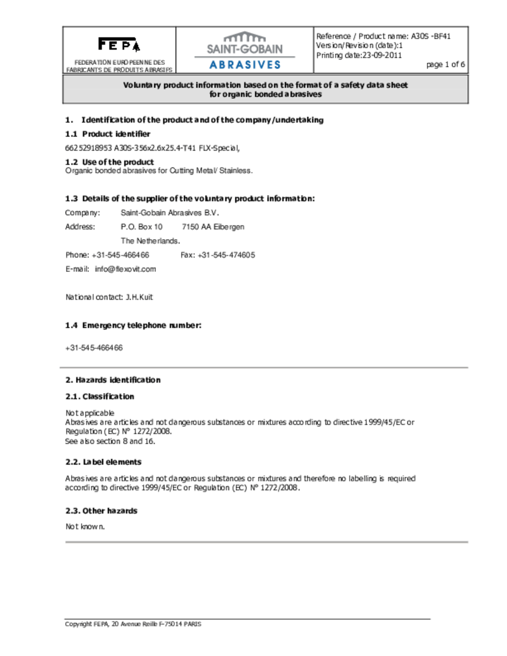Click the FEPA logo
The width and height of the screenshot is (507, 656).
click(x=119, y=44)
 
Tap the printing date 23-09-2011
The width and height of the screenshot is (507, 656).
click(x=382, y=55)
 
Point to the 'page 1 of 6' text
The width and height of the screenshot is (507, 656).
click(x=445, y=64)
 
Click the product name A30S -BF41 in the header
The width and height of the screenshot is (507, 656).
click(x=431, y=36)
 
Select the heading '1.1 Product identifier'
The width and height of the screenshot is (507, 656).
click(x=108, y=134)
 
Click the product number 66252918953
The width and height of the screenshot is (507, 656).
click(x=88, y=148)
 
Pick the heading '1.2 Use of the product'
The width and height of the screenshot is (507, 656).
click(x=109, y=162)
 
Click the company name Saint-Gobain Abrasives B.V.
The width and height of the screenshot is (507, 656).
click(x=169, y=213)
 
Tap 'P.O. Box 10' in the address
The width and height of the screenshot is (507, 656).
click(x=141, y=227)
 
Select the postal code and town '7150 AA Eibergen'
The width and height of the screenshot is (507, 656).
click(x=213, y=227)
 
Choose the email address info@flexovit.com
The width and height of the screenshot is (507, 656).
click(x=125, y=269)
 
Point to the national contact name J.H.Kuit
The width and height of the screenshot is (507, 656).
click(x=139, y=297)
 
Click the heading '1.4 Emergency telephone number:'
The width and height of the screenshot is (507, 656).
click(x=133, y=325)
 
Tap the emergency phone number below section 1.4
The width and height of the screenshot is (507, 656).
click(x=94, y=348)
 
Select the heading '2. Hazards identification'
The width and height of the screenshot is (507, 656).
click(x=113, y=380)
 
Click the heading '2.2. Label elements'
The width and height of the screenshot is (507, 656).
click(x=103, y=462)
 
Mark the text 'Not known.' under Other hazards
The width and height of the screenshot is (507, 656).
click(x=85, y=527)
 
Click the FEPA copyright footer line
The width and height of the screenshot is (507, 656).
click(x=133, y=624)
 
